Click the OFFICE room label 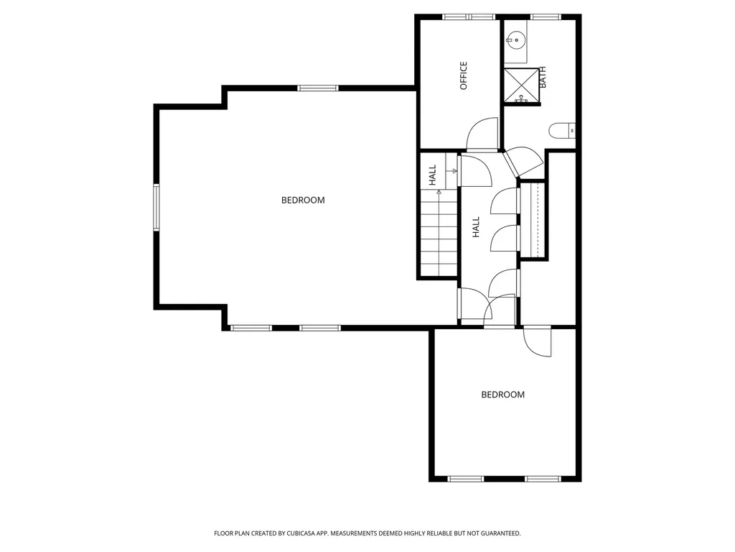click(x=464, y=75)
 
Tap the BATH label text click(x=543, y=77)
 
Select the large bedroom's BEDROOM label click(x=303, y=201)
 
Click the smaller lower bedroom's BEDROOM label click(x=503, y=395)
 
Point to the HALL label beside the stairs click(x=433, y=175)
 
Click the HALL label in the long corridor click(x=477, y=226)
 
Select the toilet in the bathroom click(x=562, y=131)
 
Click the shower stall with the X click(x=521, y=85)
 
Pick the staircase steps click(x=439, y=232)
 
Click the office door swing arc click(x=482, y=134)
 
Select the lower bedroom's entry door click(x=537, y=341)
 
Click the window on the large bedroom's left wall click(x=156, y=207)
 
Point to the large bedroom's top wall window click(x=318, y=88)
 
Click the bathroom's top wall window click(x=546, y=17)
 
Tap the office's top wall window click(x=469, y=17)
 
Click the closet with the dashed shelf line click(x=533, y=220)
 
